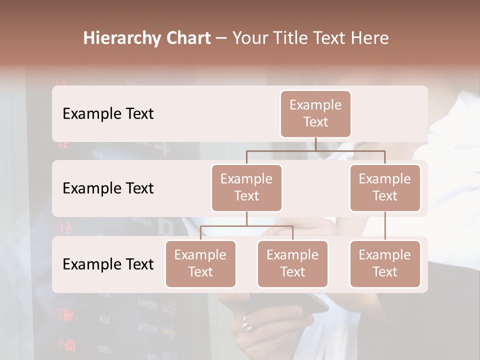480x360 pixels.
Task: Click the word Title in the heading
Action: point(292,38)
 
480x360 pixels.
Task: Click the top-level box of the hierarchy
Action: point(315,113)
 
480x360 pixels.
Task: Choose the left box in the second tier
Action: point(246,187)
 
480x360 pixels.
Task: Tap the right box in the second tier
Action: point(385,187)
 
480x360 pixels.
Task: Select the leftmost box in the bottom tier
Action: point(200,263)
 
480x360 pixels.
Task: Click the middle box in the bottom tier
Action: point(292,263)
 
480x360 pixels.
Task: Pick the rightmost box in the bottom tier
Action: point(385,263)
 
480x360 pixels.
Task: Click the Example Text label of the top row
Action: point(108,114)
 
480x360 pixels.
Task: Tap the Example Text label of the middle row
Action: point(108,188)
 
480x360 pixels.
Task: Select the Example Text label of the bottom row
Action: point(108,264)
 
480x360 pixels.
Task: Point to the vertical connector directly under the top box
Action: point(315,144)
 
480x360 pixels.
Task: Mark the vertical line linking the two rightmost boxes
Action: point(385,226)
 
